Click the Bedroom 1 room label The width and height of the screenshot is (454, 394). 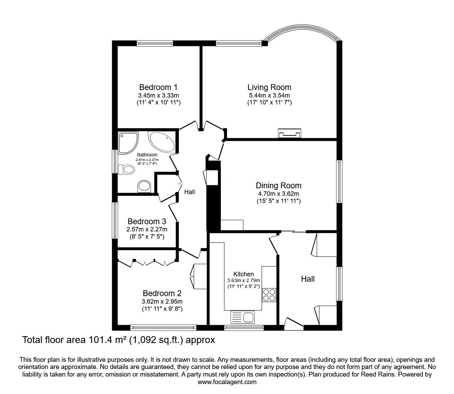[x=158, y=87]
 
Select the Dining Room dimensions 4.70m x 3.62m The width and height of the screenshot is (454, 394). [x=278, y=194]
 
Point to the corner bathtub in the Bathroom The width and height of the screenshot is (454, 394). [x=163, y=142]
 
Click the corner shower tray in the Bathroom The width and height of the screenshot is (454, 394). [x=128, y=141]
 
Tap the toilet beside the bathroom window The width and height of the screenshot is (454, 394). [x=125, y=169]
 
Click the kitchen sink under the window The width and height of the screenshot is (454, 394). [x=243, y=317]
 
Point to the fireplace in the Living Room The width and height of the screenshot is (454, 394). [x=290, y=134]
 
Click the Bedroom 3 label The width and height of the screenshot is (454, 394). [x=147, y=221]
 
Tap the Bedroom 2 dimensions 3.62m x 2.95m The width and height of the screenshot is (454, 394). [x=162, y=302]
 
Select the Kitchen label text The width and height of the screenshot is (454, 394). [x=243, y=274]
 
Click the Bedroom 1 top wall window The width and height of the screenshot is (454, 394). [x=155, y=43]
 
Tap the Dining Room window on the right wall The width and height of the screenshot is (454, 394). [x=339, y=181]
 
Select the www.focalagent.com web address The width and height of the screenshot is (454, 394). [x=227, y=382]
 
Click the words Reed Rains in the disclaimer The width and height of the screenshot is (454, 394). [x=374, y=374]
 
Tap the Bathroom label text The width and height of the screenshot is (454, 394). [x=147, y=155]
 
